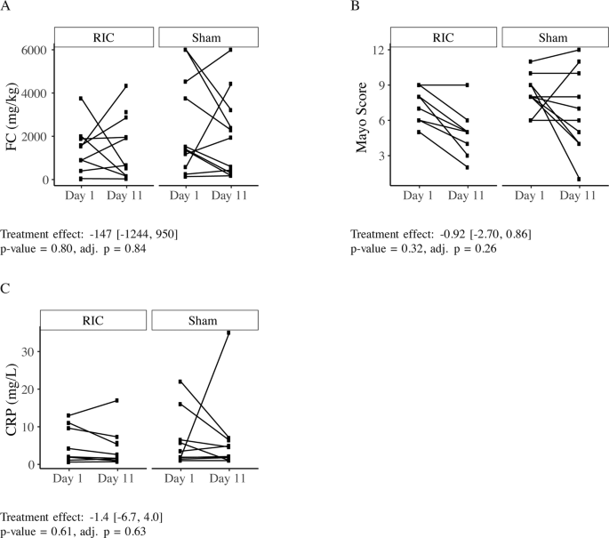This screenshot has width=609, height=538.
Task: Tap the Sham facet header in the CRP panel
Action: [204, 320]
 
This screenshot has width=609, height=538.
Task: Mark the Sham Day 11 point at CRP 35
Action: [229, 333]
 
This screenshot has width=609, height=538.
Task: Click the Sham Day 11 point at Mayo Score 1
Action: [580, 179]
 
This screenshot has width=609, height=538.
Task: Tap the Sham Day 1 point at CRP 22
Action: [180, 381]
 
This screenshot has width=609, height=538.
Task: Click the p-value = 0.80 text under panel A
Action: [38, 249]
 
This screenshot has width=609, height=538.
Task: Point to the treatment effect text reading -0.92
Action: [442, 234]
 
